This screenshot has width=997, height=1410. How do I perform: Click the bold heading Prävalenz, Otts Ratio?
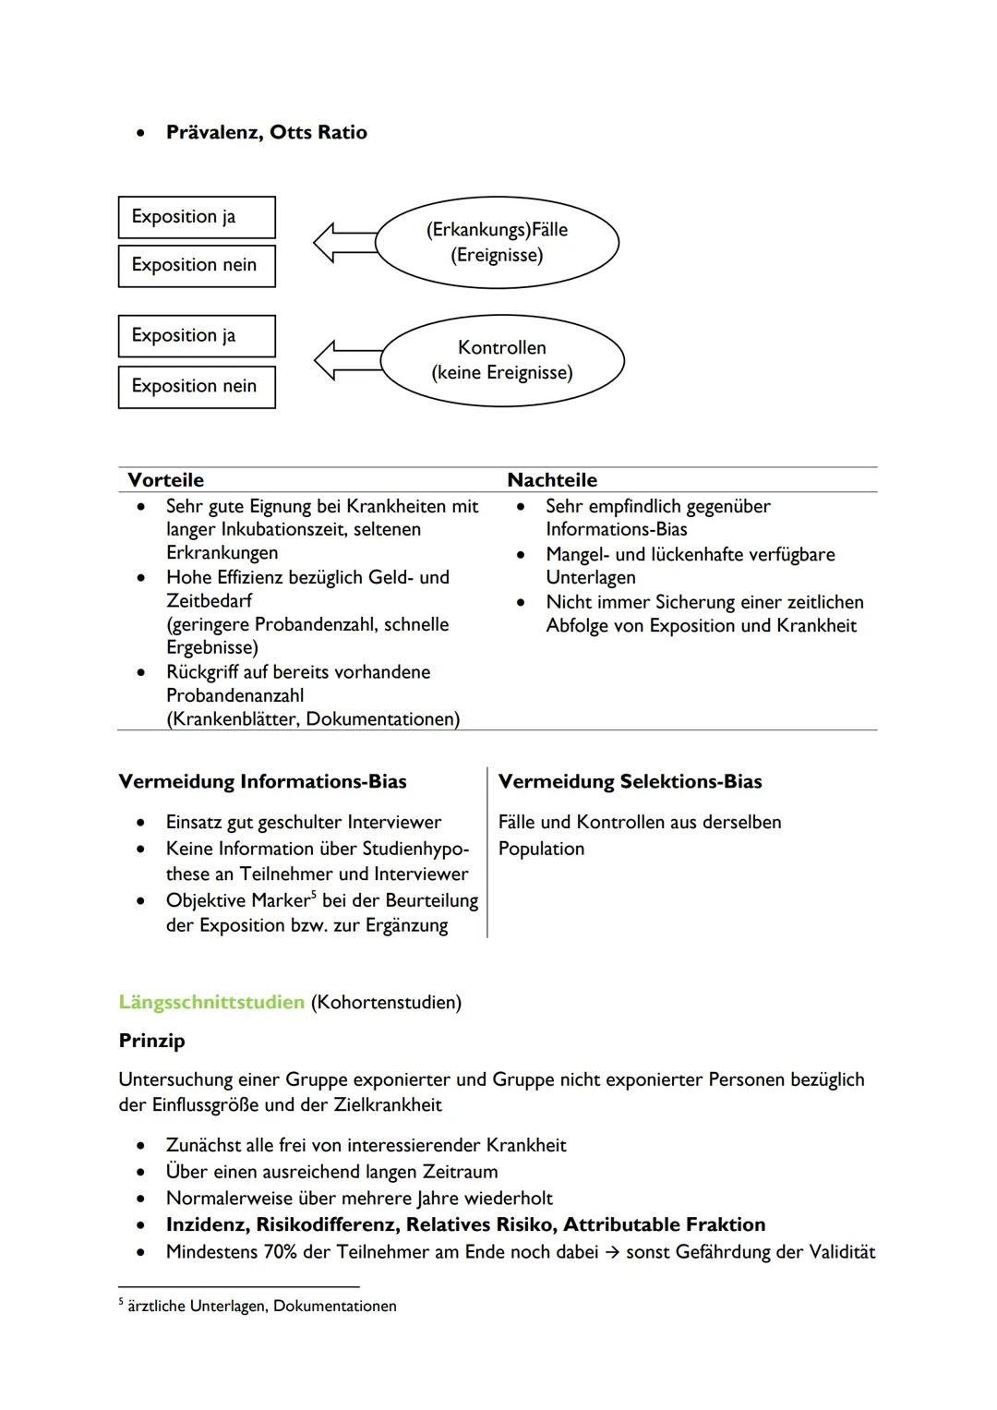266,132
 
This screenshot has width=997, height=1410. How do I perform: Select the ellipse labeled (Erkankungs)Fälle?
497,242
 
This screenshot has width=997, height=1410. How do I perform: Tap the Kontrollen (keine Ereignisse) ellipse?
502,360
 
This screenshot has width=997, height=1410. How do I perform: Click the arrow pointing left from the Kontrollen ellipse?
346,360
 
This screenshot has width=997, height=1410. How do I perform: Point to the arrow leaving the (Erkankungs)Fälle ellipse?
344,242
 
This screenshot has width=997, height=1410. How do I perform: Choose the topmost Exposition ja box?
197,217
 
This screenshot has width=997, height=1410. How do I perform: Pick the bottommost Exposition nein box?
197,386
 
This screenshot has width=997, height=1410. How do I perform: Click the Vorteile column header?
166,480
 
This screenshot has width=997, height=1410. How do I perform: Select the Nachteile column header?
552,480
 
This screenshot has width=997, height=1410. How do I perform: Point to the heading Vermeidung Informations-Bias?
263,782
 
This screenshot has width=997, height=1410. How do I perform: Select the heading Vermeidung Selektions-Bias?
630,782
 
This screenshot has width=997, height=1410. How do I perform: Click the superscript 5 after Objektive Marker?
314,895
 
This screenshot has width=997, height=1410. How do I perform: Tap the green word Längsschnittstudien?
211,1002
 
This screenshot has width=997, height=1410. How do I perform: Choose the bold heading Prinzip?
152,1041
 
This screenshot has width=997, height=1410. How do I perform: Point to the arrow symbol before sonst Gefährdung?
612,1252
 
